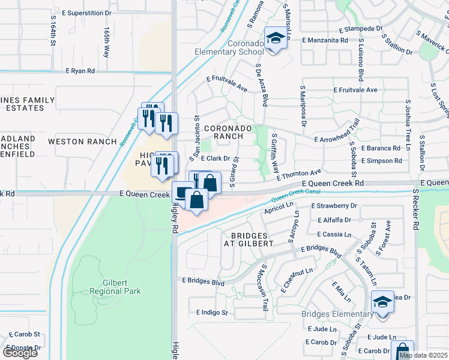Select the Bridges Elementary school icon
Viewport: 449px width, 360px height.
click(382, 302)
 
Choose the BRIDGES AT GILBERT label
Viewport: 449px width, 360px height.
click(248, 239)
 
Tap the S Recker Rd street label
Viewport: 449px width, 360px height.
click(414, 210)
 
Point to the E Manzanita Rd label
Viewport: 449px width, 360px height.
click(325, 40)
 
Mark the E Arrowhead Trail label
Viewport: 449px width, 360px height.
click(337, 138)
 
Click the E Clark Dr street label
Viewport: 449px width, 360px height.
click(215, 159)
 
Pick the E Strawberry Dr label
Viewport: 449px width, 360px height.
click(334, 206)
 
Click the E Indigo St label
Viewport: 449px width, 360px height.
click(212, 313)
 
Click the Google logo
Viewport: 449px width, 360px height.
click(20, 353)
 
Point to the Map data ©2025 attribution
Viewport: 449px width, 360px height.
click(423, 355)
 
